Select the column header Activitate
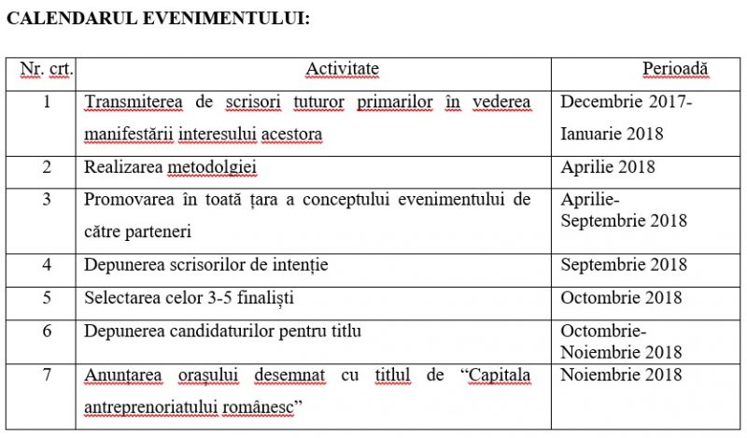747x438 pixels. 342,69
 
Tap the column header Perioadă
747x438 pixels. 675,69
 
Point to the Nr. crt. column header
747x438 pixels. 46,69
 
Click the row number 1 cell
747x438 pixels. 46,101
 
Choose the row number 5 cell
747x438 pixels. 46,297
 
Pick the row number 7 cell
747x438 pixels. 46,375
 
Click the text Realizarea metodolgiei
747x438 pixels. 170,168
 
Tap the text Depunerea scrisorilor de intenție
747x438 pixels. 205,264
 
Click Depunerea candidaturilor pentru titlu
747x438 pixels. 222,330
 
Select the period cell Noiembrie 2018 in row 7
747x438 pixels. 621,375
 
